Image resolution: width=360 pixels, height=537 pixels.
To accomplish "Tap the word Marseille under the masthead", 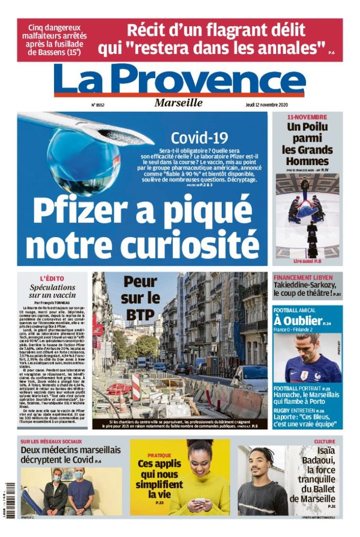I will coord(178,103).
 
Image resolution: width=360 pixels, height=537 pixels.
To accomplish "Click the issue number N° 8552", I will coord(97,104).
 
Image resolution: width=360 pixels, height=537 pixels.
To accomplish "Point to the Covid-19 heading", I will coord(200,138).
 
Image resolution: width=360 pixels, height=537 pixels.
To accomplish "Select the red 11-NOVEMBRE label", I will coord(307,117).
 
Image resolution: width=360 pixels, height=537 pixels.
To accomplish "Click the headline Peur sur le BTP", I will coord(141,298).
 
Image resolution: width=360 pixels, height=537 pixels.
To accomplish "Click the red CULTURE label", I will coord(324,442).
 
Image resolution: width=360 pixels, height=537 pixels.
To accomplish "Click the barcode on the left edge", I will coord(7,498).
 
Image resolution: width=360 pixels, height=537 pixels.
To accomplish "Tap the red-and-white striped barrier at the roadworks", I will coord(136,385).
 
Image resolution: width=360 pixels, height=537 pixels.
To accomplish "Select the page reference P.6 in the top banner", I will coord(331,53).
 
